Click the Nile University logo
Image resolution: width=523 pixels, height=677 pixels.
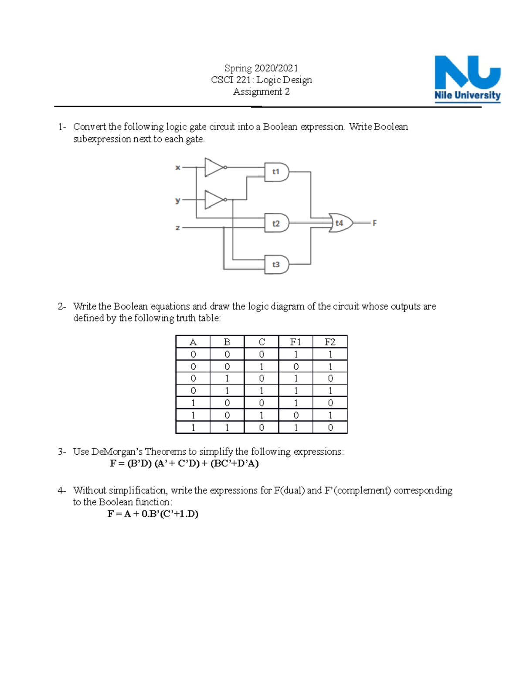[467, 79]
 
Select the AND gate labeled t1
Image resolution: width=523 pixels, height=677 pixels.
[276, 172]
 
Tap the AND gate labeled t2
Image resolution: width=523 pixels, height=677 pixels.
[276, 223]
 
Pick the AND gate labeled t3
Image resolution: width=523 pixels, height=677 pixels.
[276, 265]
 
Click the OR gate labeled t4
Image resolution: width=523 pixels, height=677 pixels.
[340, 223]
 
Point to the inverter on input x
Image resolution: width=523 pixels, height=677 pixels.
[214, 167]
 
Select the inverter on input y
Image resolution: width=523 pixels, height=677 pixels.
[214, 200]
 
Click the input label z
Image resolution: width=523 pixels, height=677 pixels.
[177, 228]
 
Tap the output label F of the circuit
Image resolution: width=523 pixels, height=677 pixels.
[374, 223]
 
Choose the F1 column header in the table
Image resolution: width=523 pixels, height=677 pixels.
[295, 342]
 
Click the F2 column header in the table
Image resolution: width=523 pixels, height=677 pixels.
[330, 342]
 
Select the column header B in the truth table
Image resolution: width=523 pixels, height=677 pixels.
[227, 342]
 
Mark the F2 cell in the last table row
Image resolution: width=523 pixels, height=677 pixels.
[330, 428]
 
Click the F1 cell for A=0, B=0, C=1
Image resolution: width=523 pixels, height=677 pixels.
[295, 367]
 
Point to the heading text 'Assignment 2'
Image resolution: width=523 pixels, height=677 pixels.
[261, 92]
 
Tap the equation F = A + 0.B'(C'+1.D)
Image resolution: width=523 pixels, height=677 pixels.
[153, 514]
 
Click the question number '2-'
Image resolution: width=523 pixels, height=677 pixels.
[62, 306]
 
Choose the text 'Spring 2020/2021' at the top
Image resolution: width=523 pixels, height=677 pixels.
[261, 68]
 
